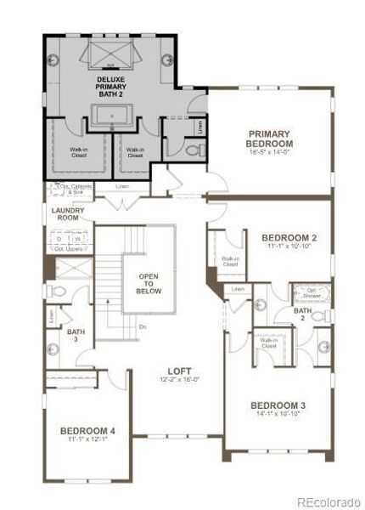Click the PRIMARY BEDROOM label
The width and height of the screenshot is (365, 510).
click(x=270, y=139)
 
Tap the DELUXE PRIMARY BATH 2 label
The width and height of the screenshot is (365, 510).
click(x=110, y=86)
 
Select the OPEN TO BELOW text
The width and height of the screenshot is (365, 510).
click(x=149, y=284)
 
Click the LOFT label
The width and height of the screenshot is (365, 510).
click(x=179, y=371)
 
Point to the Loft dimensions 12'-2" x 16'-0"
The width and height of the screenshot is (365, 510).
click(x=179, y=381)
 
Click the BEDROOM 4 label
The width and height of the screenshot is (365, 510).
click(x=88, y=431)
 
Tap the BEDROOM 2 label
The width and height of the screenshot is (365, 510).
click(x=289, y=237)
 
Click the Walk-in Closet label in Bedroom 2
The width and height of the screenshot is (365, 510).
click(x=230, y=261)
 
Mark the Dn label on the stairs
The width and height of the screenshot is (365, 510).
click(x=142, y=326)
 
